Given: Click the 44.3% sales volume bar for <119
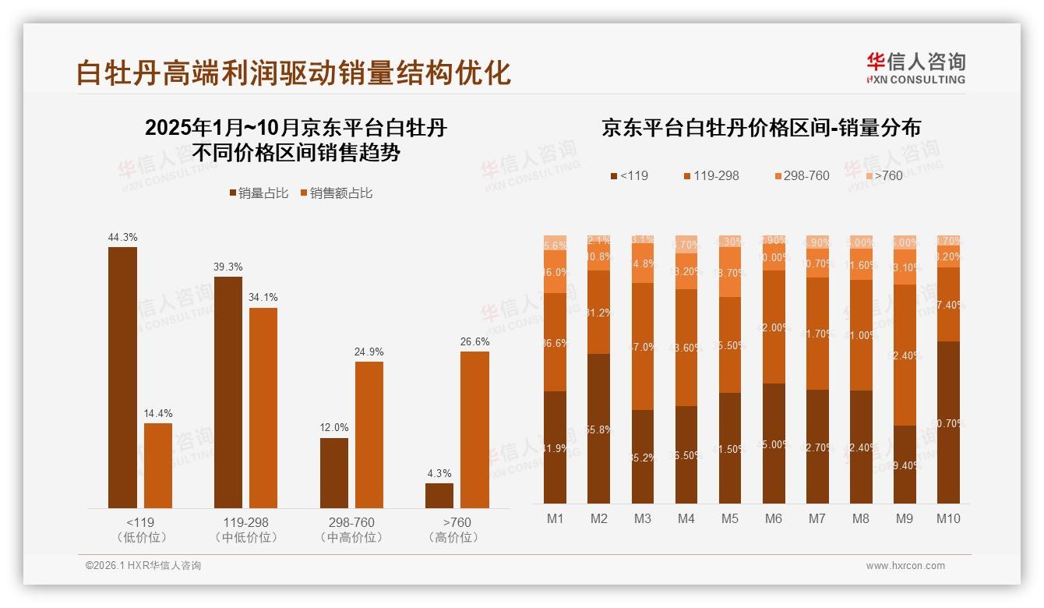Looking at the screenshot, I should click(x=122, y=377).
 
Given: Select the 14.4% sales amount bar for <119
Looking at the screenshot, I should click(x=158, y=465).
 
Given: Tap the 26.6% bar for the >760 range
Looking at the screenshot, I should click(x=474, y=429).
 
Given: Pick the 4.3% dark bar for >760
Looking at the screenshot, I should click(x=439, y=496).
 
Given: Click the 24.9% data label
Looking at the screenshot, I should click(x=369, y=352).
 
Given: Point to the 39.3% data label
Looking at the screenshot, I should click(x=227, y=267).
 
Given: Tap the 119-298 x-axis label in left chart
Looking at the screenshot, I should click(x=245, y=522).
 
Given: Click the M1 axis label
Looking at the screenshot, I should click(x=555, y=518).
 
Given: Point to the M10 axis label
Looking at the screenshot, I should click(x=947, y=518).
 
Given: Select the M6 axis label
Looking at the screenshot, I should click(x=773, y=518).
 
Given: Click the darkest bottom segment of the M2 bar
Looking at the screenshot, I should click(x=598, y=428).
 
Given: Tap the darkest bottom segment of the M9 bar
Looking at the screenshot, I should click(x=904, y=464).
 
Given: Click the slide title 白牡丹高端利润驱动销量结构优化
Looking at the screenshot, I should click(x=294, y=72).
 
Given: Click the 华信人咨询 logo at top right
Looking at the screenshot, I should click(x=915, y=68).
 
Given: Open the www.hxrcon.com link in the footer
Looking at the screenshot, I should click(x=905, y=566).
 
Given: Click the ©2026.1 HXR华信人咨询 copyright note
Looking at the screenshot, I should click(x=143, y=566).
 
